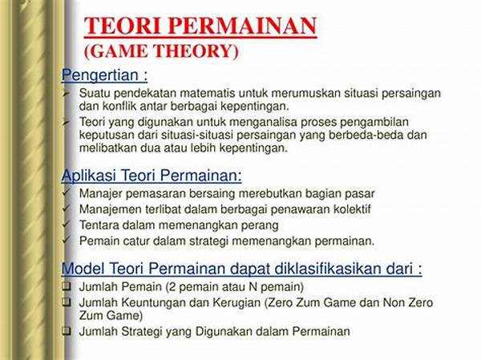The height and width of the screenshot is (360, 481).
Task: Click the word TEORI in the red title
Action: pos(123,26)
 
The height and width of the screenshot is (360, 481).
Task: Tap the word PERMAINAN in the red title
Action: pos(242,26)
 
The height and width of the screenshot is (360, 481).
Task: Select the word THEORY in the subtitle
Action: pos(197,51)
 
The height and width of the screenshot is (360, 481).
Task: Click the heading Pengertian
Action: pos(100,75)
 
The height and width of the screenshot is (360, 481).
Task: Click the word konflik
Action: pos(119,106)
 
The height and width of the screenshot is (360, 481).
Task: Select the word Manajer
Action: pos(101,194)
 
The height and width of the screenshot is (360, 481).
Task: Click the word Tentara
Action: pos(99,225)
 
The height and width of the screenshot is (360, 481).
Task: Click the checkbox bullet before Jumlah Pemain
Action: pos(67,286)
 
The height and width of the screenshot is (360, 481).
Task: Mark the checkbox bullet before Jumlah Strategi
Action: pos(67,331)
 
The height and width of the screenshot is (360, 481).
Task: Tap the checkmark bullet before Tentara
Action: pos(66,224)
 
